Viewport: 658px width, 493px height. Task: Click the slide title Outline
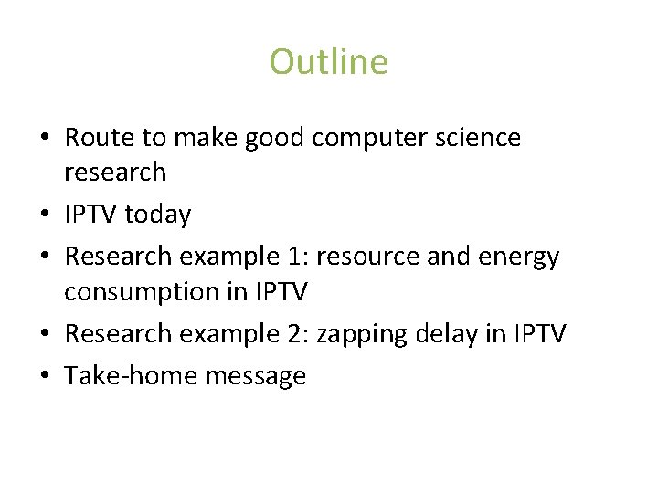click(x=328, y=62)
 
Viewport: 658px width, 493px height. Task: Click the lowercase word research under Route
click(x=115, y=172)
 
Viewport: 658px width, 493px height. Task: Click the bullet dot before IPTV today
click(x=45, y=215)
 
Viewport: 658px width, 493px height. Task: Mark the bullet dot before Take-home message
click(x=45, y=375)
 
